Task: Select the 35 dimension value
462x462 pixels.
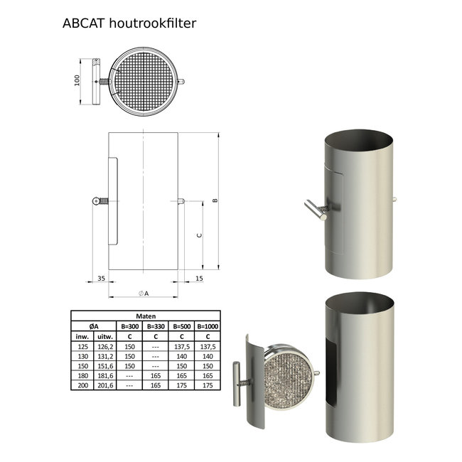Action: pyautogui.click(x=101, y=279)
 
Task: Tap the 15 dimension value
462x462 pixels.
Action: pyautogui.click(x=198, y=279)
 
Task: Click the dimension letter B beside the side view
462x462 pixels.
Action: pyautogui.click(x=214, y=202)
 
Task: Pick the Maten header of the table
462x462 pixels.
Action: pyautogui.click(x=146, y=317)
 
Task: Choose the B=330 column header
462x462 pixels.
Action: pyautogui.click(x=156, y=326)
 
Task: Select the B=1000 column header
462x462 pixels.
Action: pyautogui.click(x=208, y=326)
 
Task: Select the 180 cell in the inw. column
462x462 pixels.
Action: pyautogui.click(x=82, y=375)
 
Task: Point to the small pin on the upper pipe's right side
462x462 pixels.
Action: pyautogui.click(x=393, y=200)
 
